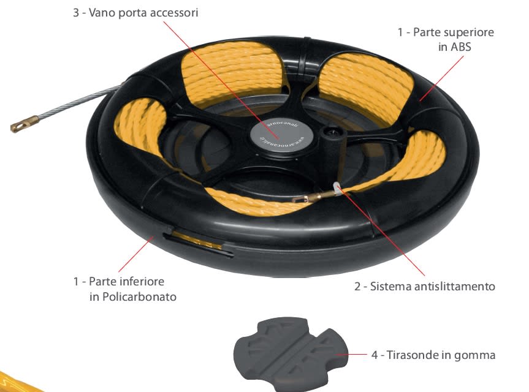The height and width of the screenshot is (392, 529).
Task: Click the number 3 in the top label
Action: [75, 12]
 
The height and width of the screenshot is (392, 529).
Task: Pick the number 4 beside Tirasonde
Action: [375, 355]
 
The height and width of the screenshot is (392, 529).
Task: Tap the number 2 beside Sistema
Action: [357, 286]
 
